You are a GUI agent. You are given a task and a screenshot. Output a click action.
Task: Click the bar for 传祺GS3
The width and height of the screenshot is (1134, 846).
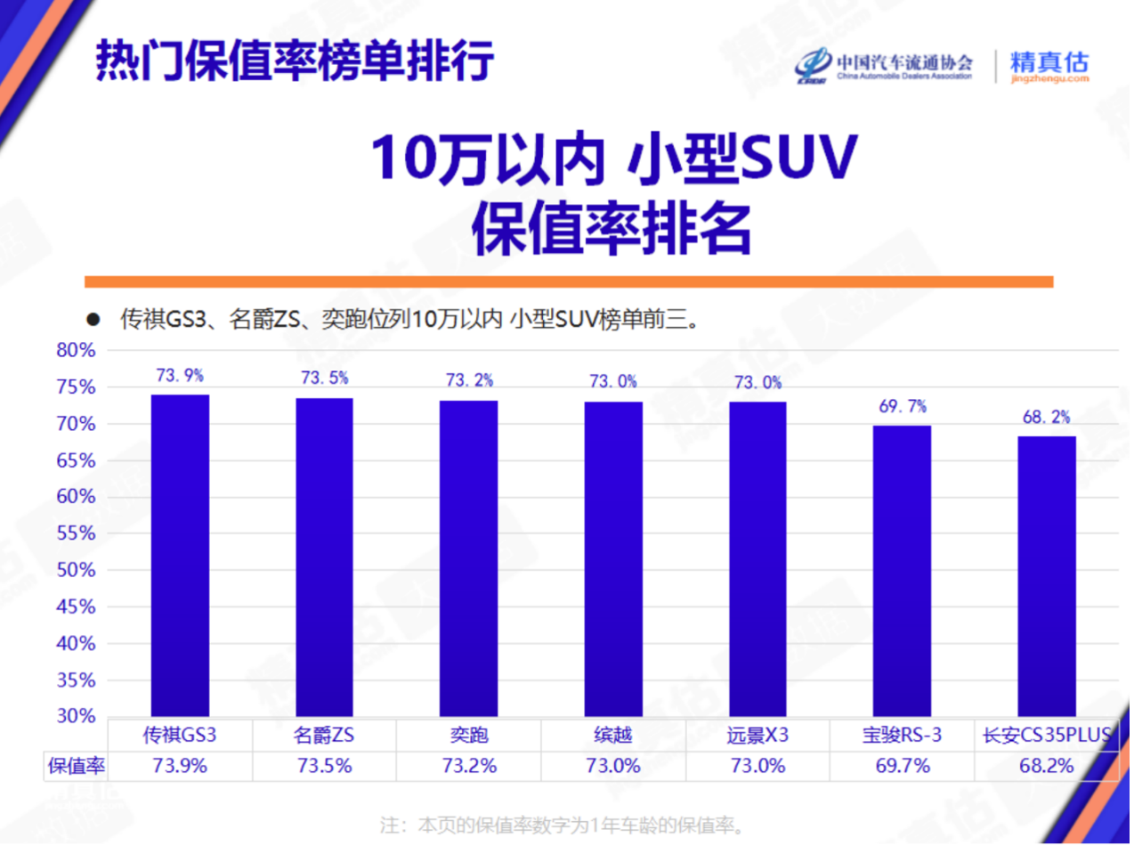tap(180, 555)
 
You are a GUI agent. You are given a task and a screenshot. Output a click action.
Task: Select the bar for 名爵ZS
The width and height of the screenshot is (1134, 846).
tap(324, 557)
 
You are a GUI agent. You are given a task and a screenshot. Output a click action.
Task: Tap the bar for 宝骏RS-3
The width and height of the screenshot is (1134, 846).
tap(902, 570)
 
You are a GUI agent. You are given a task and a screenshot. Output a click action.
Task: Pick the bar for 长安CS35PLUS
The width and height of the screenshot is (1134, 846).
tap(1047, 575)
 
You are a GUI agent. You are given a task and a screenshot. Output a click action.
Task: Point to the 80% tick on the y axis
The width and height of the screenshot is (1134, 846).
tap(76, 350)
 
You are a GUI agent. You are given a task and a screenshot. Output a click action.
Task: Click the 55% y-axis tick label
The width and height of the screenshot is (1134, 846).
tap(76, 533)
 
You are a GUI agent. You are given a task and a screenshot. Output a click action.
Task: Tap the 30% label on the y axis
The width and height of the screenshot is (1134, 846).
tap(76, 716)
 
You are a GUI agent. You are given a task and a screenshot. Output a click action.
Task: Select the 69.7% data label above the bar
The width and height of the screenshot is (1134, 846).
tap(902, 407)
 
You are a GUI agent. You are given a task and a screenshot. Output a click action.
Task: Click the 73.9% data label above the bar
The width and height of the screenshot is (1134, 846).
tap(180, 376)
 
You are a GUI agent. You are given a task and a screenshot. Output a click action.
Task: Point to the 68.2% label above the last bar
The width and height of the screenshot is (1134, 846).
tap(1047, 417)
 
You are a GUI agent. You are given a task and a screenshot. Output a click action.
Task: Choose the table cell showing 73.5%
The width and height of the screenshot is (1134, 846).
tap(325, 765)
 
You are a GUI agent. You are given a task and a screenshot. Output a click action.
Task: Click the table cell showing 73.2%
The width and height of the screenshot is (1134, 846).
tap(469, 765)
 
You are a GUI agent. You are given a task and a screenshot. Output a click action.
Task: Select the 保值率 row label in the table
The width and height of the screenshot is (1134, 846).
tap(77, 765)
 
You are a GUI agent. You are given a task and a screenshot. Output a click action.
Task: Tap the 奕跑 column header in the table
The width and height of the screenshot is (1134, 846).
tap(469, 736)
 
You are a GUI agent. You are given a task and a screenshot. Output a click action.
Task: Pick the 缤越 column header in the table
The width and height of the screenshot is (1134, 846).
tap(613, 736)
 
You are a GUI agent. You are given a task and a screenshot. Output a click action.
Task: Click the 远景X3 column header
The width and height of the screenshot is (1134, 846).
tap(757, 736)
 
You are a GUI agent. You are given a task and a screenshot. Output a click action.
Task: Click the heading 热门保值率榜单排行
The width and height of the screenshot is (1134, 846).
tap(294, 60)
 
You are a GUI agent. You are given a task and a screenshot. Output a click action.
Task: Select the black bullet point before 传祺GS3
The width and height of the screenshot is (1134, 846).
tap(92, 320)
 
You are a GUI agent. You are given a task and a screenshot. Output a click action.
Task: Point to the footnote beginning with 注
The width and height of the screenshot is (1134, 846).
tap(562, 824)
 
